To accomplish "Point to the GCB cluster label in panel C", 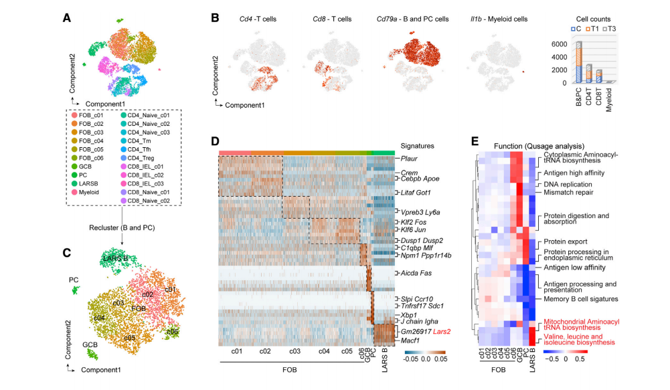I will (90, 345).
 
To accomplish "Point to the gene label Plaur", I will (410, 159).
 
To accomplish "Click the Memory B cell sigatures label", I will (581, 298).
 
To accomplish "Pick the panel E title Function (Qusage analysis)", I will (539, 146).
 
